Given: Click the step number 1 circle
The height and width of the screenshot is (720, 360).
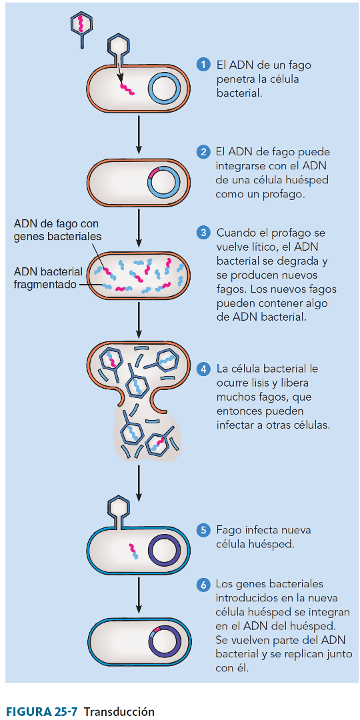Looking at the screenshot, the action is pyautogui.click(x=202, y=65).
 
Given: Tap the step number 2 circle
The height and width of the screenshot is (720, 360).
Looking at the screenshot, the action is pyautogui.click(x=202, y=152).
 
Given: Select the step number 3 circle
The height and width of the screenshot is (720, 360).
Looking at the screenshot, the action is pyautogui.click(x=202, y=233).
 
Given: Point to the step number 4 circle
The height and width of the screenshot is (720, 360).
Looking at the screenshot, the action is pyautogui.click(x=202, y=369).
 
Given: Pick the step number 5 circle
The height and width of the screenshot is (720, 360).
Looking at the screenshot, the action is pyautogui.click(x=202, y=531).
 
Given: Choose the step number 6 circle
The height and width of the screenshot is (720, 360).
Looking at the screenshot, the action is pyautogui.click(x=202, y=585).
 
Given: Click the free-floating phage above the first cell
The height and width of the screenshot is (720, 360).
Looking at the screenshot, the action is pyautogui.click(x=81, y=27).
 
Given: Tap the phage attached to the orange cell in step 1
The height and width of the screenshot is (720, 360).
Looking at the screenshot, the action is pyautogui.click(x=117, y=51).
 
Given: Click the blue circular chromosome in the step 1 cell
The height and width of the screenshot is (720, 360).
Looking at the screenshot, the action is pyautogui.click(x=164, y=88).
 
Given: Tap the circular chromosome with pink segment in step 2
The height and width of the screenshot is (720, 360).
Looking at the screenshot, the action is pyautogui.click(x=164, y=180).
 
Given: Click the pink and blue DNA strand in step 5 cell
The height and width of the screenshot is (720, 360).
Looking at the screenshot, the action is pyautogui.click(x=133, y=550).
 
